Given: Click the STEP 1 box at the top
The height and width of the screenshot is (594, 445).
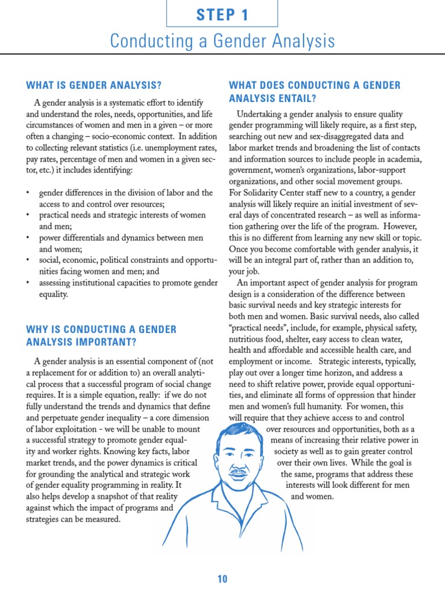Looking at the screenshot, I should coord(222,15).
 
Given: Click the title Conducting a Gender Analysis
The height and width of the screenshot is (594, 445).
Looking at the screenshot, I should coord(222,41).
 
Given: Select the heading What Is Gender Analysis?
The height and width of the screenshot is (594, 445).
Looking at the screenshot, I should coord(94,85).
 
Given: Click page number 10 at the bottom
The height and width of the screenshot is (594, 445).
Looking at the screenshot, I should coord(222,579).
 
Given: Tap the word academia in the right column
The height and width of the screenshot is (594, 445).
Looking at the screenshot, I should coord(402,159).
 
